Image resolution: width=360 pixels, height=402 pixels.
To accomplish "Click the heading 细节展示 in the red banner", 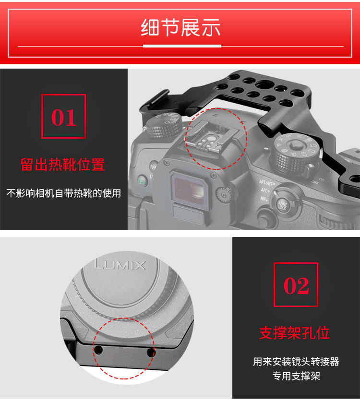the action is [x=180, y=27].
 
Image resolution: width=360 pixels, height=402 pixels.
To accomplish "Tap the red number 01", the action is [x=64, y=118].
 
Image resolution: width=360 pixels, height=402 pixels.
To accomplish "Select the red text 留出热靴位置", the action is [x=62, y=165].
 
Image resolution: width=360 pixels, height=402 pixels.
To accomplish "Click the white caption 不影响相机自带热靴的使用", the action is [x=64, y=193].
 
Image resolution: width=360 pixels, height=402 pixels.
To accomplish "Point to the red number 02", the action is [x=296, y=285].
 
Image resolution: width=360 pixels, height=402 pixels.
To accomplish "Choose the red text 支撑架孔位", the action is [x=294, y=333].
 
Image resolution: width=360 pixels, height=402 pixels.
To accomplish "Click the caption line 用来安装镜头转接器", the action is [x=296, y=362].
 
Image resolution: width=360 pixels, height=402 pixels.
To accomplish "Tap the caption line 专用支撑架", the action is [x=296, y=376].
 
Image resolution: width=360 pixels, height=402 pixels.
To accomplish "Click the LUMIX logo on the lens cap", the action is [x=120, y=265].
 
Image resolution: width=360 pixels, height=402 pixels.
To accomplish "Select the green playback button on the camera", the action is [x=141, y=181].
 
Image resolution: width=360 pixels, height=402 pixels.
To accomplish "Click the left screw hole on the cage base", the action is [x=98, y=350].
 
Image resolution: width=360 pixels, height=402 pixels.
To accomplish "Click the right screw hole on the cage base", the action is [x=151, y=353].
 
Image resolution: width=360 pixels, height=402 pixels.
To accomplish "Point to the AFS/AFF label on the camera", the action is [x=266, y=183].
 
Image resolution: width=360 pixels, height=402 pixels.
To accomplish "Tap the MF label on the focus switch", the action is [x=263, y=199].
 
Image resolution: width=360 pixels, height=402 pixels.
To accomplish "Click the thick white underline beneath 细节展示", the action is [x=182, y=46].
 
